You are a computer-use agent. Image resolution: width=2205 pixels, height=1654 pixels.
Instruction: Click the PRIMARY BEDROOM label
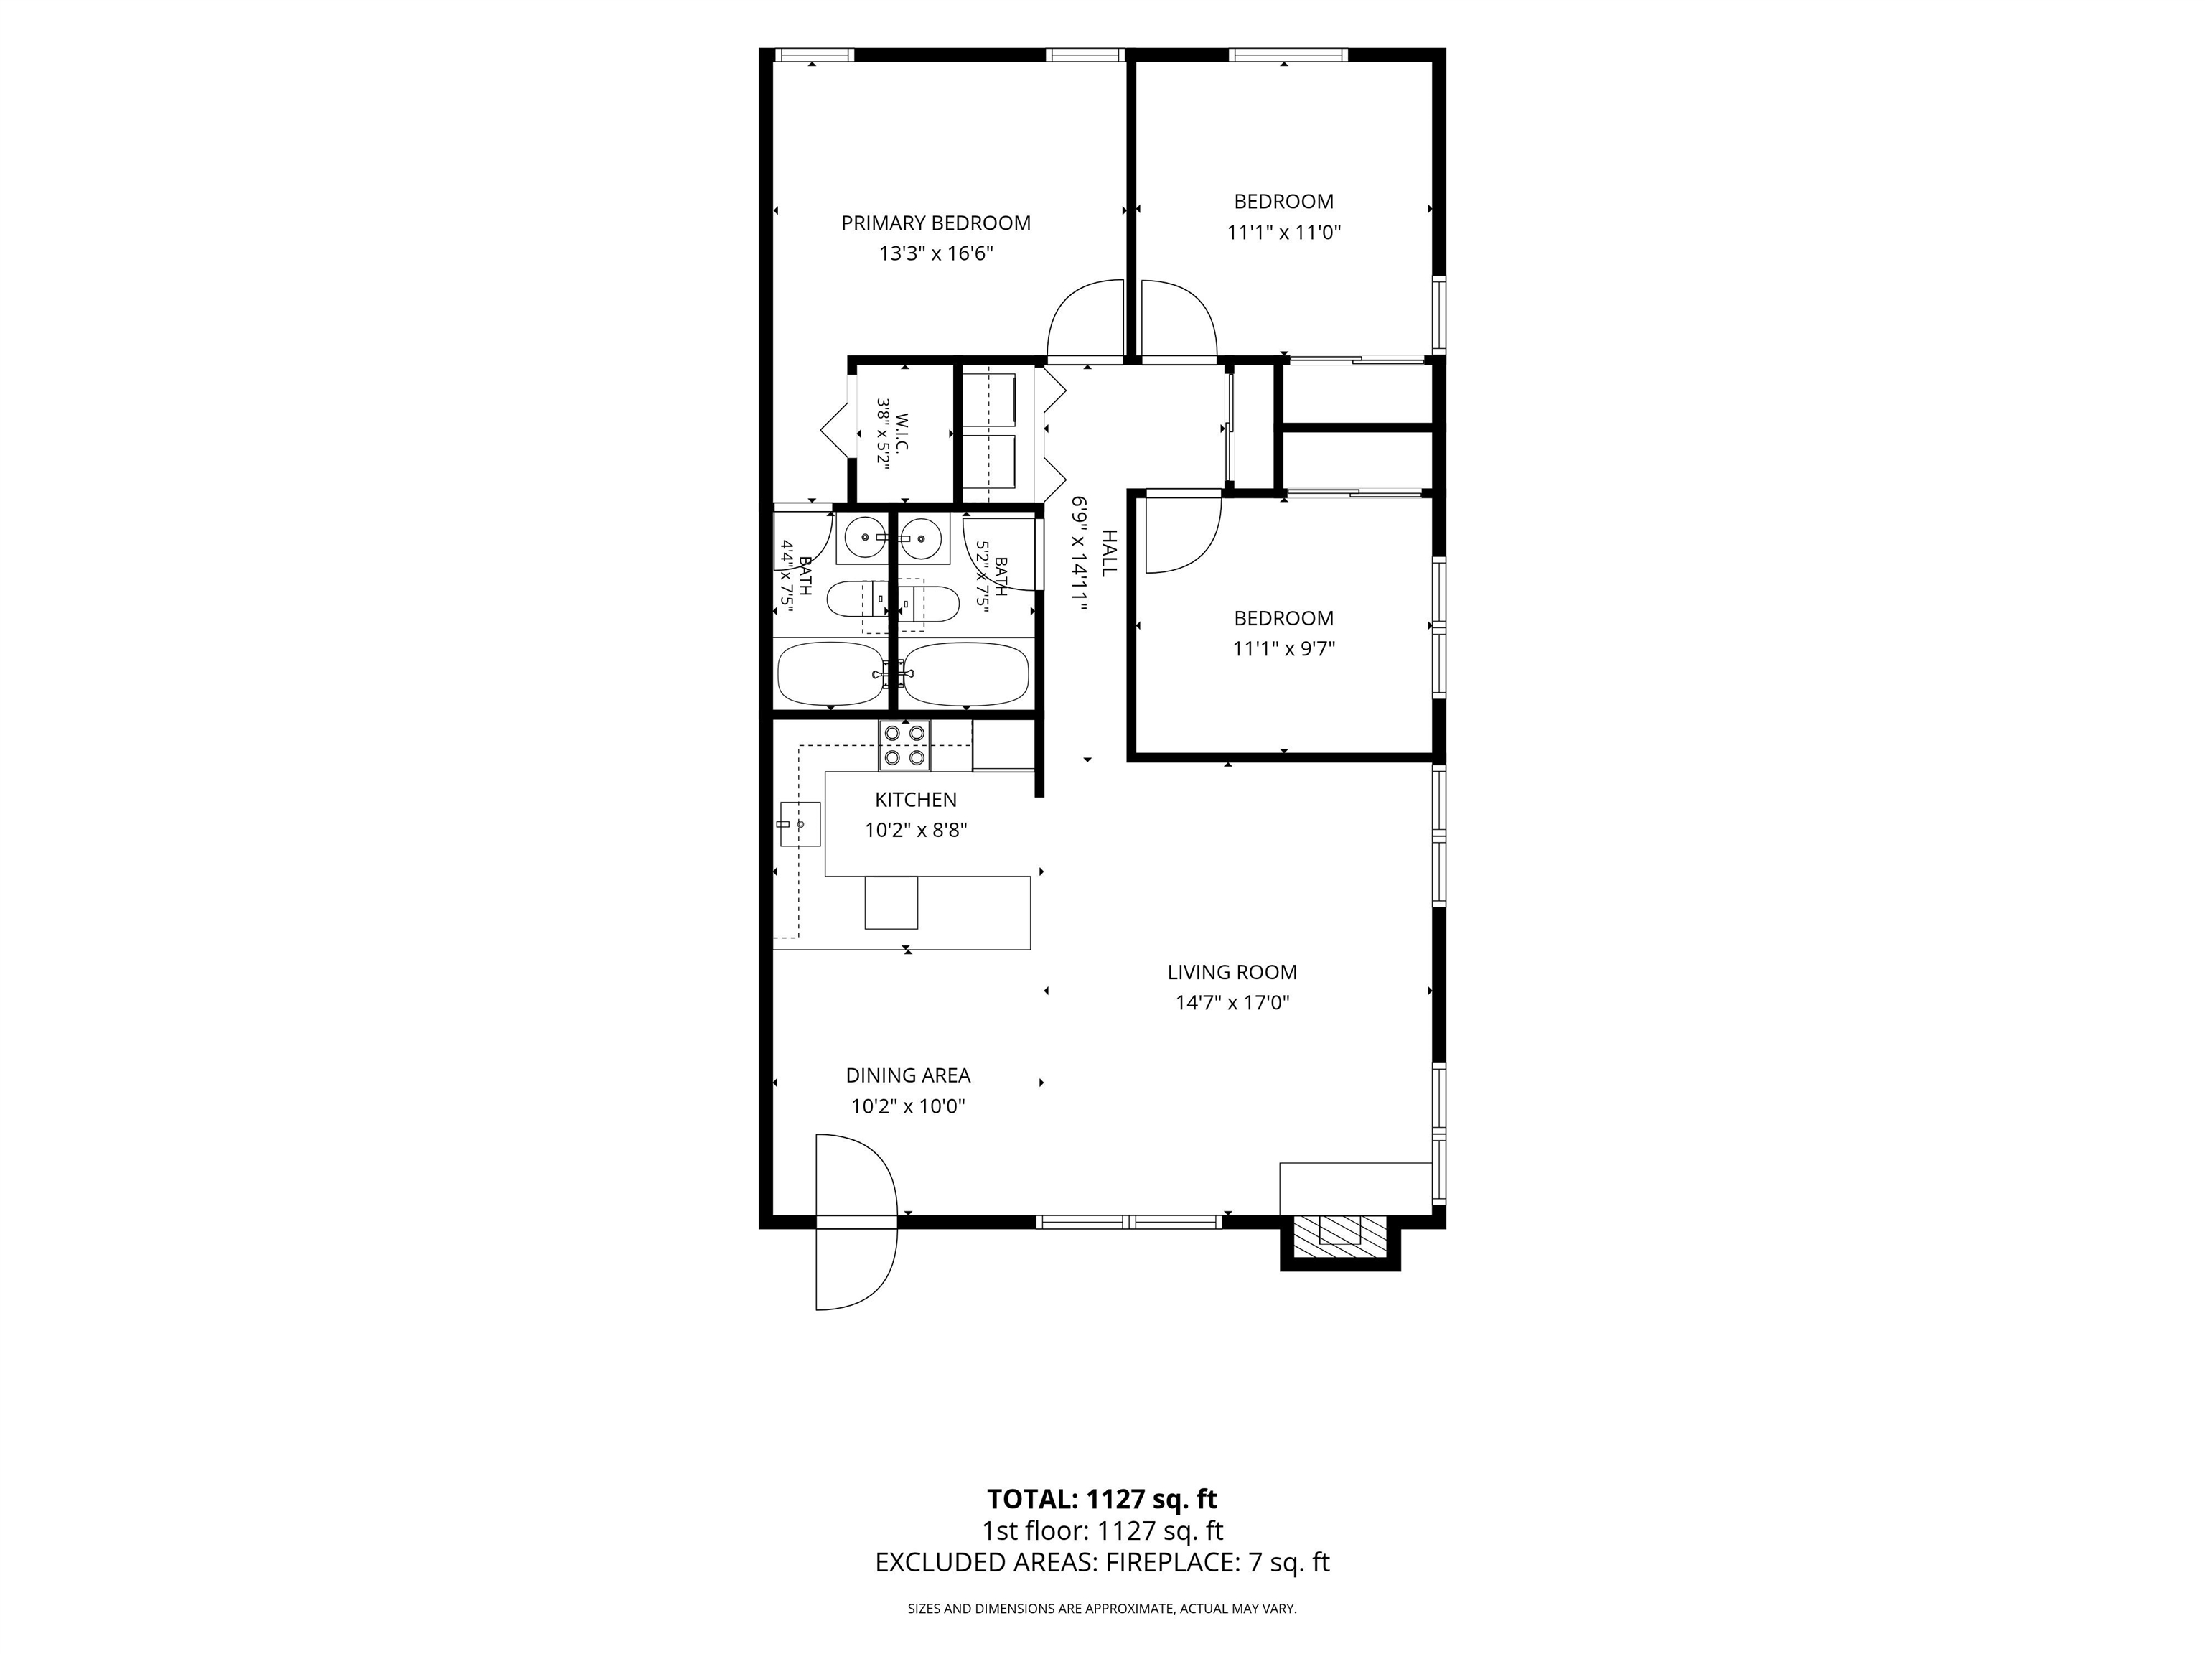935,223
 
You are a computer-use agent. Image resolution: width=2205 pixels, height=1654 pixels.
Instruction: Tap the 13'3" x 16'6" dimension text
935,253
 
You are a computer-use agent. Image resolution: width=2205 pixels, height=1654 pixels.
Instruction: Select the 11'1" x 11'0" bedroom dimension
1284,233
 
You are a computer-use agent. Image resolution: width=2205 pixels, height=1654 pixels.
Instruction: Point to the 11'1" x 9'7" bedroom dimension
1284,649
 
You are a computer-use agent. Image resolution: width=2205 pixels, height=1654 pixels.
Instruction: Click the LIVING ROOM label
1232,972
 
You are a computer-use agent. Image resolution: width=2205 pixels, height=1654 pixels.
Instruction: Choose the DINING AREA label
908,1076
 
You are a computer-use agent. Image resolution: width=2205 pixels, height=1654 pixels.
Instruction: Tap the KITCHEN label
915,800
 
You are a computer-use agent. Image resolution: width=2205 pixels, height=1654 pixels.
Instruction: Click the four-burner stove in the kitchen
904,746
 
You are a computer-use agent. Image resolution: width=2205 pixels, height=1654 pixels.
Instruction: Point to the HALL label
1108,553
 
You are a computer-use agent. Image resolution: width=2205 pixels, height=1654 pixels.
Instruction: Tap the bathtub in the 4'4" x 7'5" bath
830,674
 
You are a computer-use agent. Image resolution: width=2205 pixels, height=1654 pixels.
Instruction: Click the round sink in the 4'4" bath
861,538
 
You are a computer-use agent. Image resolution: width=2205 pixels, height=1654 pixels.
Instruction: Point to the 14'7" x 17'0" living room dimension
1232,1003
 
